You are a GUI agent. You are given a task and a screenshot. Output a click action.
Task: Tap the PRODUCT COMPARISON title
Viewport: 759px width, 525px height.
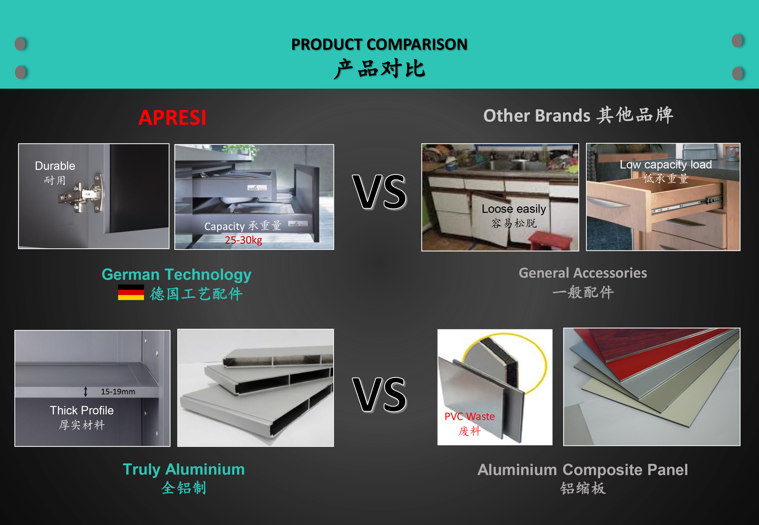coord(379,44)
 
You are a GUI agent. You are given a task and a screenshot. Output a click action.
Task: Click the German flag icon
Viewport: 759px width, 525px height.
coord(131,292)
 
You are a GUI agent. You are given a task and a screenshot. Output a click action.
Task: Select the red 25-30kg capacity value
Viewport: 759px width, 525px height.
coord(244,240)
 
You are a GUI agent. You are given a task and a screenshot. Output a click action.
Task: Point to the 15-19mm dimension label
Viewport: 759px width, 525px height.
coord(118,392)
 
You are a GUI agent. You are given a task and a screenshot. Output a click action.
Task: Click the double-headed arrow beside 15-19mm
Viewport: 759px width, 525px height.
coord(85,392)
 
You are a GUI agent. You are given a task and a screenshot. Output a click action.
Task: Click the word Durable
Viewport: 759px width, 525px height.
coord(55,166)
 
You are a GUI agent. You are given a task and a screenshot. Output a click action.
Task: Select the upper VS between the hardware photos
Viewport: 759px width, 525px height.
coord(379,192)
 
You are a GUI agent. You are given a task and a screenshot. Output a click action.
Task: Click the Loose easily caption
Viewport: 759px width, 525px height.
coord(514,209)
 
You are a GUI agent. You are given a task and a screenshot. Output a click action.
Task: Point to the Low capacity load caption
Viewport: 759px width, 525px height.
coord(666,164)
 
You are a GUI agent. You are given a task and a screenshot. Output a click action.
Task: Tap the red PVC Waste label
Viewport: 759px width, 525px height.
coord(469,416)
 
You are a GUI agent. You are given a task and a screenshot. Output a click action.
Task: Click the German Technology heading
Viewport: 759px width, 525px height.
coord(176,275)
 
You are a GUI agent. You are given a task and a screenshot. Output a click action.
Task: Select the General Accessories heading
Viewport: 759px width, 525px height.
coord(583,273)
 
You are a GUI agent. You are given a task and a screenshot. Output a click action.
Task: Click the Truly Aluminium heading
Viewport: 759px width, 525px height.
coord(184,470)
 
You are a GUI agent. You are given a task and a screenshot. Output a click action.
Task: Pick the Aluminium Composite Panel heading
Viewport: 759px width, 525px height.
coord(583,470)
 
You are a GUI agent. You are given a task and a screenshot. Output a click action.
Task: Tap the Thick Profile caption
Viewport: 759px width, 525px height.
coord(82,410)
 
